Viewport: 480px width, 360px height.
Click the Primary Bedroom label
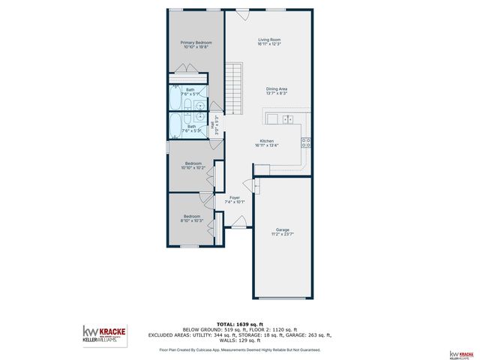196,43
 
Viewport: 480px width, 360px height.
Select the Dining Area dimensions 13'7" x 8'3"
277,94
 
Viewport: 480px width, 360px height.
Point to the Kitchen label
266,141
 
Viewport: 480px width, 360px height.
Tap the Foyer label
234,197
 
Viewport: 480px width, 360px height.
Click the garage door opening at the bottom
283,298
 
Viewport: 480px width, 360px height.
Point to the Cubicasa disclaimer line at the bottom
239,349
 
